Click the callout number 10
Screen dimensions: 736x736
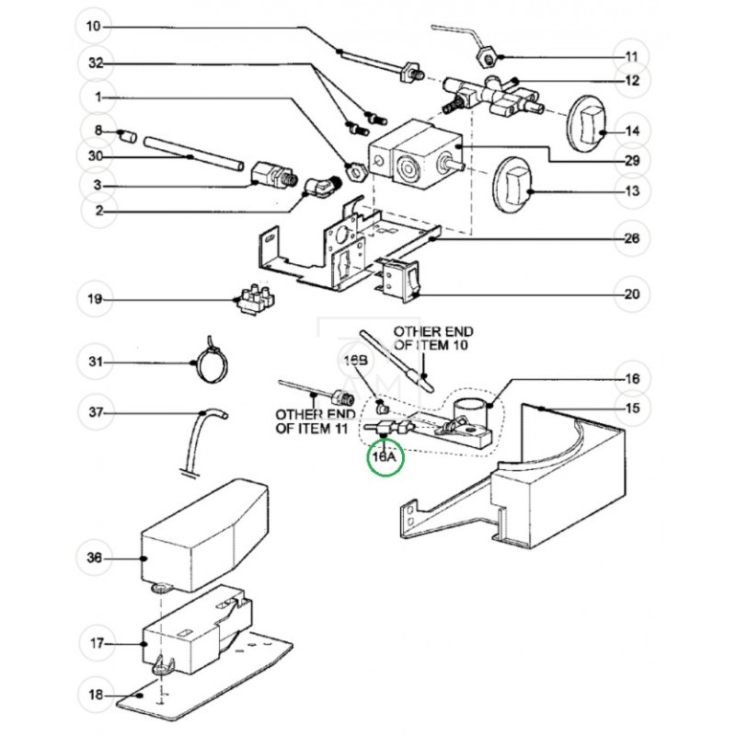pos(94,27)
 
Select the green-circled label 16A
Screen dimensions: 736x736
pos(384,456)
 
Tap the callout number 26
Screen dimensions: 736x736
pos(632,238)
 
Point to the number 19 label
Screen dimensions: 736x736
pos(95,299)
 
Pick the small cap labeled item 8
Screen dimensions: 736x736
pos(127,137)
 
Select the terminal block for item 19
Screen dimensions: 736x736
pos(255,300)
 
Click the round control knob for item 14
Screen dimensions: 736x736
pos(588,123)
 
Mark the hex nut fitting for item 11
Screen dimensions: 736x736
pos(489,58)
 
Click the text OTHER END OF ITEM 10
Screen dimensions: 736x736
pos(433,338)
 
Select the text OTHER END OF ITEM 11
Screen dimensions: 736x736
pos(315,421)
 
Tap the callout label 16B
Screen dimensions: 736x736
pos(355,361)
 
